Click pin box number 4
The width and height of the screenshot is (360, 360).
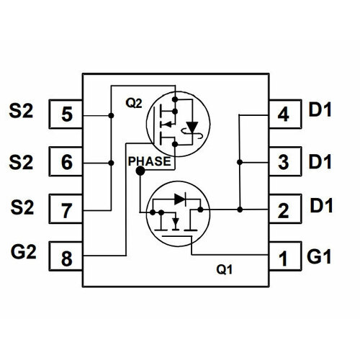tap(283, 114)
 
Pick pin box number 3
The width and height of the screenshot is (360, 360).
tap(283, 162)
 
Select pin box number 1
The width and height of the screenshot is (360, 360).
tap(283, 257)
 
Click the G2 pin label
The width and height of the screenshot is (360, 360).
tap(25, 253)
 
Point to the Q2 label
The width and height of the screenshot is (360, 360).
tap(134, 103)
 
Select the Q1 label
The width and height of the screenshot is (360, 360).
tap(225, 271)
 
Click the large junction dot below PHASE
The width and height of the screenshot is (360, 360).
tap(139, 174)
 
